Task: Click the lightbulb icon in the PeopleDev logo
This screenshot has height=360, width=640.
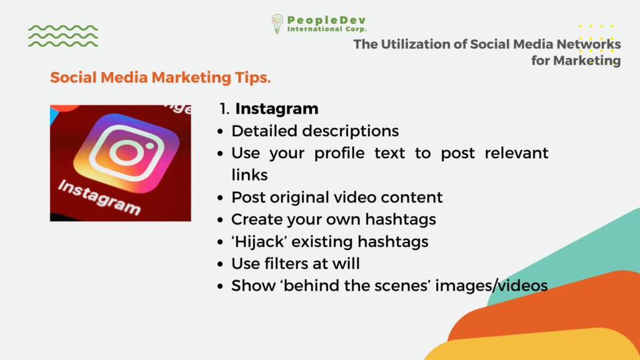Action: pos(277,24)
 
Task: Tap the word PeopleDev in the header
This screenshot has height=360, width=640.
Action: pos(326,20)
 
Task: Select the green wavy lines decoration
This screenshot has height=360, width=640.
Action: pos(63,36)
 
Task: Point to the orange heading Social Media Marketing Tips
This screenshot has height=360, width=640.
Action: pos(161,77)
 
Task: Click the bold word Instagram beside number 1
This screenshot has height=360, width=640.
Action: pos(277,109)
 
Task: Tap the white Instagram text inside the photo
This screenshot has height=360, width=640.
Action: pos(99,197)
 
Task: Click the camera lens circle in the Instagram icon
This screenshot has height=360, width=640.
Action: pos(127,153)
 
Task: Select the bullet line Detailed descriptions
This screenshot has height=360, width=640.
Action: pos(315,131)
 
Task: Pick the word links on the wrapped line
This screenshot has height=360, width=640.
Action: pos(249,175)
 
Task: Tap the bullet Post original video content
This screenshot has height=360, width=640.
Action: pos(337,197)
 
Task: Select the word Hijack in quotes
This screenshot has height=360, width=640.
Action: pos(260,242)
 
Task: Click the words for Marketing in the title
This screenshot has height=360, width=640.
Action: pos(576,61)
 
